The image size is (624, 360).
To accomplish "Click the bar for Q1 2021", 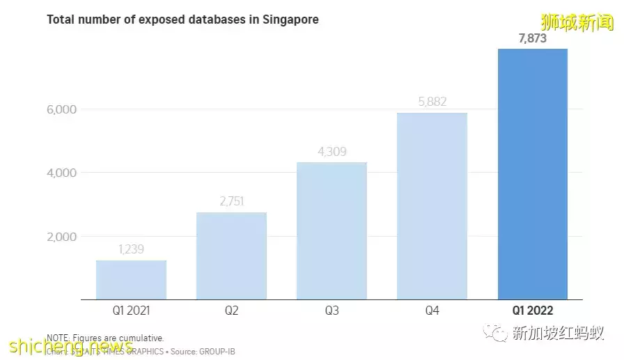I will [131, 280].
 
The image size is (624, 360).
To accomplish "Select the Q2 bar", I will [231, 256].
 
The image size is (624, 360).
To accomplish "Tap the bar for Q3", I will [331, 230].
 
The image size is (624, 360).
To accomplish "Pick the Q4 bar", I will [432, 206].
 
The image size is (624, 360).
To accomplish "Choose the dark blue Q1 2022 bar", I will [533, 174].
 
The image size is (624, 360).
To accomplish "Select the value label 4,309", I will [331, 152].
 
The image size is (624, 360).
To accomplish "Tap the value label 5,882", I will [432, 102].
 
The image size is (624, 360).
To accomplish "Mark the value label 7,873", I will [533, 38].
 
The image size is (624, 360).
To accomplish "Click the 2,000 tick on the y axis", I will [62, 237].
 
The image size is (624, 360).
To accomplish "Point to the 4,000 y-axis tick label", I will [62, 173].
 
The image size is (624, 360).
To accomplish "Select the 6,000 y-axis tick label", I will [62, 109].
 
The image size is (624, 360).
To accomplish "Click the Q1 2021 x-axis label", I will [131, 311].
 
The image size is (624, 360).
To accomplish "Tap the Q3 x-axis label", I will [331, 311].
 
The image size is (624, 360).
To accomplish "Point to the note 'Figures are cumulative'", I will [118, 338].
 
